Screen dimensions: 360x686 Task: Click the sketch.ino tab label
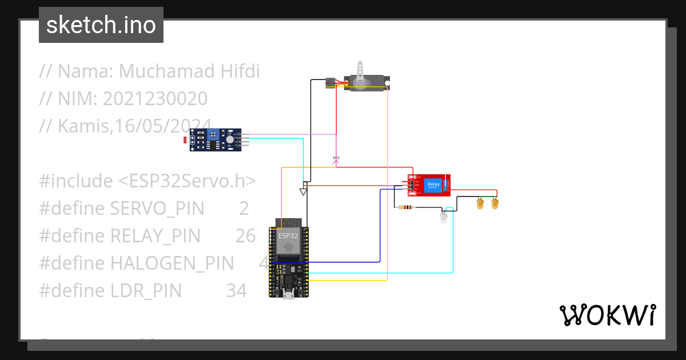click(101, 25)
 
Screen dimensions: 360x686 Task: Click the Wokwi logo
click(607, 315)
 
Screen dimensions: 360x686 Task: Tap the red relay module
click(430, 185)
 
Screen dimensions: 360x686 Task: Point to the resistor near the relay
click(407, 207)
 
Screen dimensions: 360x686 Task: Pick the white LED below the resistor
click(444, 217)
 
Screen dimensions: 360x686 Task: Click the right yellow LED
click(495, 202)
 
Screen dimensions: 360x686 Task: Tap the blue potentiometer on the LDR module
click(213, 135)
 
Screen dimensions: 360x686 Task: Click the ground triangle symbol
click(304, 191)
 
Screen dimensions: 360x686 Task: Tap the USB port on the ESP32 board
click(289, 295)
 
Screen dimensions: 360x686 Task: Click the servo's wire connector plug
click(330, 83)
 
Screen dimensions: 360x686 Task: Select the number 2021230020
click(155, 99)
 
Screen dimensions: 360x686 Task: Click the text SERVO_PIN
click(157, 209)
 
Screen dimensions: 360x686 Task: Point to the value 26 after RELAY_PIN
click(245, 235)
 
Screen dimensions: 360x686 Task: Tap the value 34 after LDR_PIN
click(236, 291)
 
